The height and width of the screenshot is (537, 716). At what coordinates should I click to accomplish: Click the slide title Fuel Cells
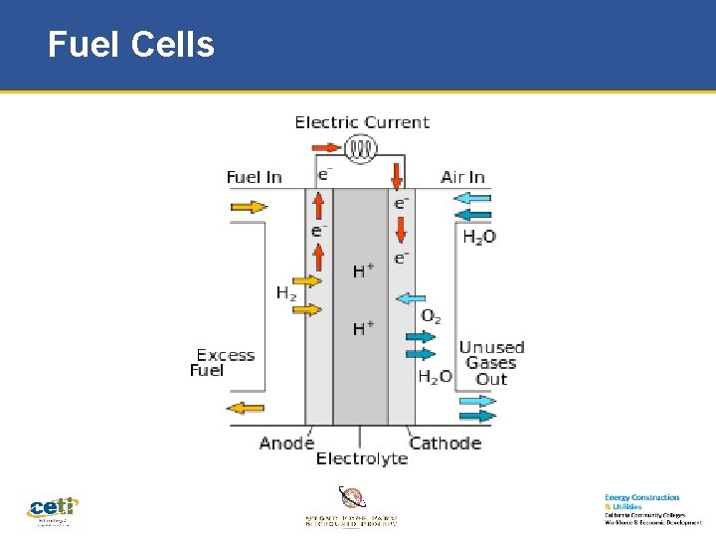[x=130, y=45]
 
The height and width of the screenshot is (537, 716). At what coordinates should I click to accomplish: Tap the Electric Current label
[x=362, y=122]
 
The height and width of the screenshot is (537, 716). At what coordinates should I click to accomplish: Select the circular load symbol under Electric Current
[x=361, y=149]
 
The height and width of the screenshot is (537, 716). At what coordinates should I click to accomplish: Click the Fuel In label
[x=254, y=177]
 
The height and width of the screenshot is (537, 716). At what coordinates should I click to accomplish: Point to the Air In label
[x=462, y=177]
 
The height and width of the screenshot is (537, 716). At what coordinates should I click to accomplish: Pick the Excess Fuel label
[x=224, y=363]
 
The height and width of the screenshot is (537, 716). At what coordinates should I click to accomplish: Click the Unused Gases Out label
[x=491, y=363]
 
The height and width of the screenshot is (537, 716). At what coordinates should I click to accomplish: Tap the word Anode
[x=286, y=443]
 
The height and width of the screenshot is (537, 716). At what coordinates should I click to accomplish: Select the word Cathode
[x=445, y=443]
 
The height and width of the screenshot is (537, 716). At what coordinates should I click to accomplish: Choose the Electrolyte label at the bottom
[x=361, y=458]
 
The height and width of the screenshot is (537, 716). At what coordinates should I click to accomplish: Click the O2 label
[x=431, y=316]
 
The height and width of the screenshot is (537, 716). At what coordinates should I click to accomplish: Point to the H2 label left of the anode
[x=286, y=293]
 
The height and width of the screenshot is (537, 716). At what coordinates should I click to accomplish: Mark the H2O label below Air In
[x=479, y=238]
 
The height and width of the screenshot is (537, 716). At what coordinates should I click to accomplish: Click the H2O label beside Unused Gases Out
[x=435, y=377]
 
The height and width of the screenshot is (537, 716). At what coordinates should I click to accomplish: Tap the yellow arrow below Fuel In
[x=249, y=207]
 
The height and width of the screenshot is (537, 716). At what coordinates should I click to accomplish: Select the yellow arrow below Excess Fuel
[x=246, y=407]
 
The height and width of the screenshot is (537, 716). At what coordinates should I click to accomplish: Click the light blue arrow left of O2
[x=411, y=297]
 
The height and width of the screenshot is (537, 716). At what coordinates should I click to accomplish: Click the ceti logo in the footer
[x=53, y=509]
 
